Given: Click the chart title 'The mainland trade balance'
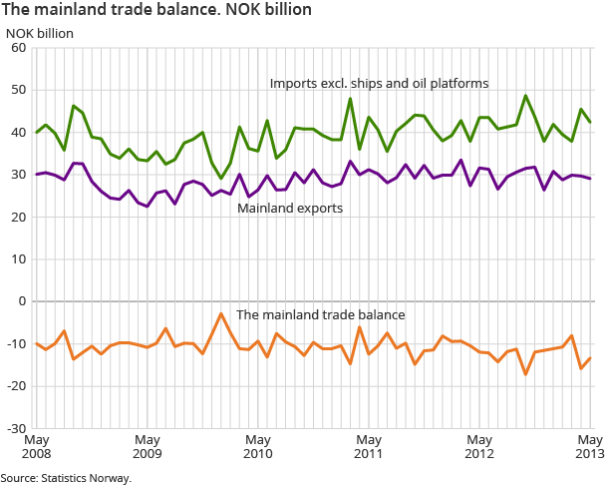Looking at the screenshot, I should click(x=158, y=10).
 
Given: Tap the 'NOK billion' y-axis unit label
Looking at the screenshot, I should click(x=40, y=31).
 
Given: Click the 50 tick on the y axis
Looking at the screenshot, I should click(x=18, y=90).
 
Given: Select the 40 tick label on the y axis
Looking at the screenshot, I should click(x=18, y=132).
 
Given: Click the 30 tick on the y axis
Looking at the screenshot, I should click(x=18, y=175).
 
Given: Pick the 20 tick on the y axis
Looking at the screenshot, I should click(x=18, y=217).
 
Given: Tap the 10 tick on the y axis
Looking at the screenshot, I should click(x=18, y=258).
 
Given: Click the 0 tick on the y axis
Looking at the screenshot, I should click(x=22, y=301).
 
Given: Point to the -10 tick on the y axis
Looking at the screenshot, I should click(x=16, y=343).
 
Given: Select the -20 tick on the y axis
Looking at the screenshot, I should click(x=16, y=386).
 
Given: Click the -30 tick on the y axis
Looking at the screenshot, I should click(x=16, y=428).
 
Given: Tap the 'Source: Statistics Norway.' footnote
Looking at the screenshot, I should click(x=66, y=478).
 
